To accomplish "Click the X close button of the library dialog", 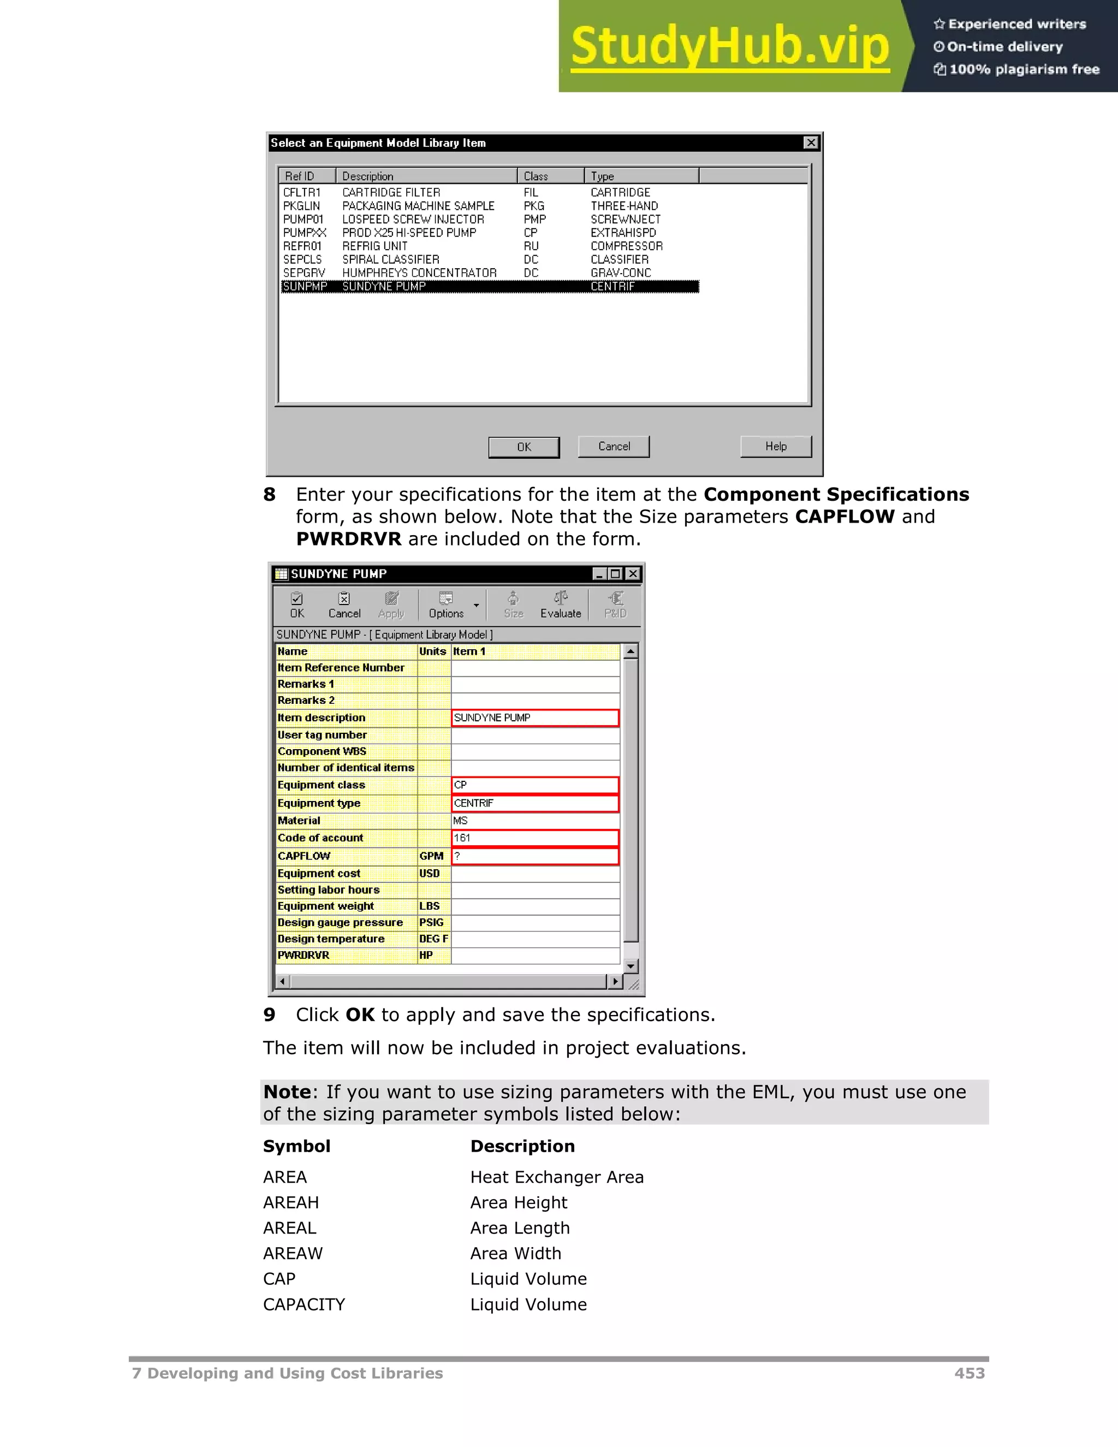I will [810, 143].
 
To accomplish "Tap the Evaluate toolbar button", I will [560, 605].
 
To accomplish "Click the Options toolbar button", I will [446, 605].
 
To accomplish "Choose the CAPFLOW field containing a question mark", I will [534, 856].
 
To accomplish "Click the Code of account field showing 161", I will [534, 838].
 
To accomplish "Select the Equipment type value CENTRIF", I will [534, 803].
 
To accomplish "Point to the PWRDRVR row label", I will [304, 956].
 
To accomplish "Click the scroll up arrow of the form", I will [631, 652].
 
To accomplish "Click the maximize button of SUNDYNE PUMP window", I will [615, 574].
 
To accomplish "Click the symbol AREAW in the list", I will [292, 1254].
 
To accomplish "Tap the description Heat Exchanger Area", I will [556, 1177].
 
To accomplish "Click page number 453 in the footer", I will [969, 1373].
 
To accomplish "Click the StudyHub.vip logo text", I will [729, 46].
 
